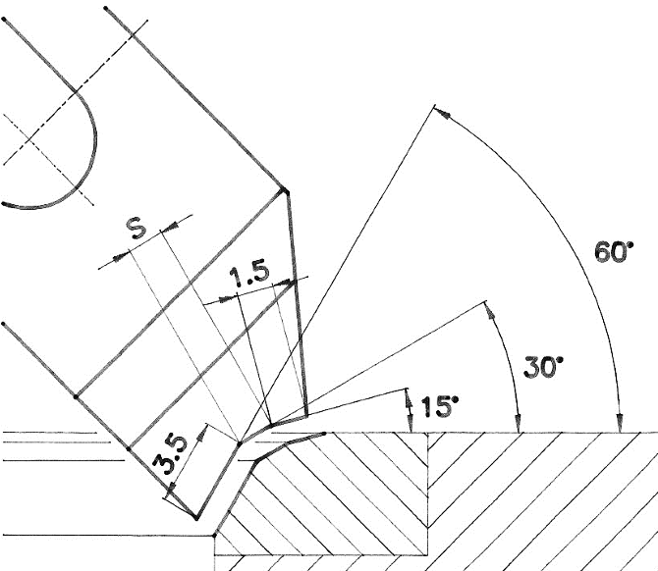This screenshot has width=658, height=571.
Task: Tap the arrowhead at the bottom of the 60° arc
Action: point(619,424)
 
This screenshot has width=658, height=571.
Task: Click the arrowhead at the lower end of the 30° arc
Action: point(519,424)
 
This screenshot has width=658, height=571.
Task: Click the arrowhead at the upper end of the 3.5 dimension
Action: point(202,430)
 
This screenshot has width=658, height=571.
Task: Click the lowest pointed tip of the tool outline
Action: point(196,517)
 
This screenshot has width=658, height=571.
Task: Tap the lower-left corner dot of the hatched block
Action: point(215,536)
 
